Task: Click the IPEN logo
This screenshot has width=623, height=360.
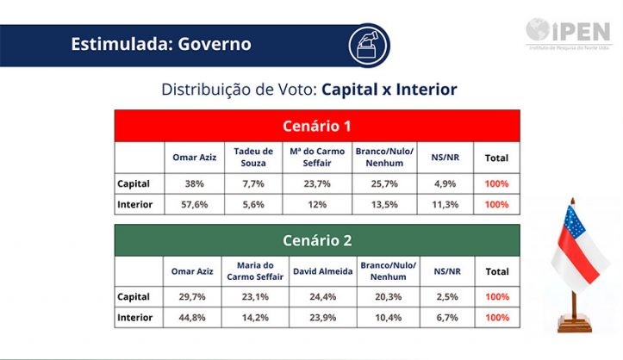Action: click(x=569, y=33)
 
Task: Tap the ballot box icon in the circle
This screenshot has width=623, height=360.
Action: click(x=367, y=43)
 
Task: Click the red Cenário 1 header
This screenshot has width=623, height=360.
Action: click(x=317, y=126)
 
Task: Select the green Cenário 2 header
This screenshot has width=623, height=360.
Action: click(x=317, y=240)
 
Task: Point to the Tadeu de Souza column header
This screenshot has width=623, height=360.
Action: click(x=253, y=158)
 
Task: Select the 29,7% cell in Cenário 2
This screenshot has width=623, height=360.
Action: click(x=193, y=297)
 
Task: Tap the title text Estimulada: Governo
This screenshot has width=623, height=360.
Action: click(x=161, y=43)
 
